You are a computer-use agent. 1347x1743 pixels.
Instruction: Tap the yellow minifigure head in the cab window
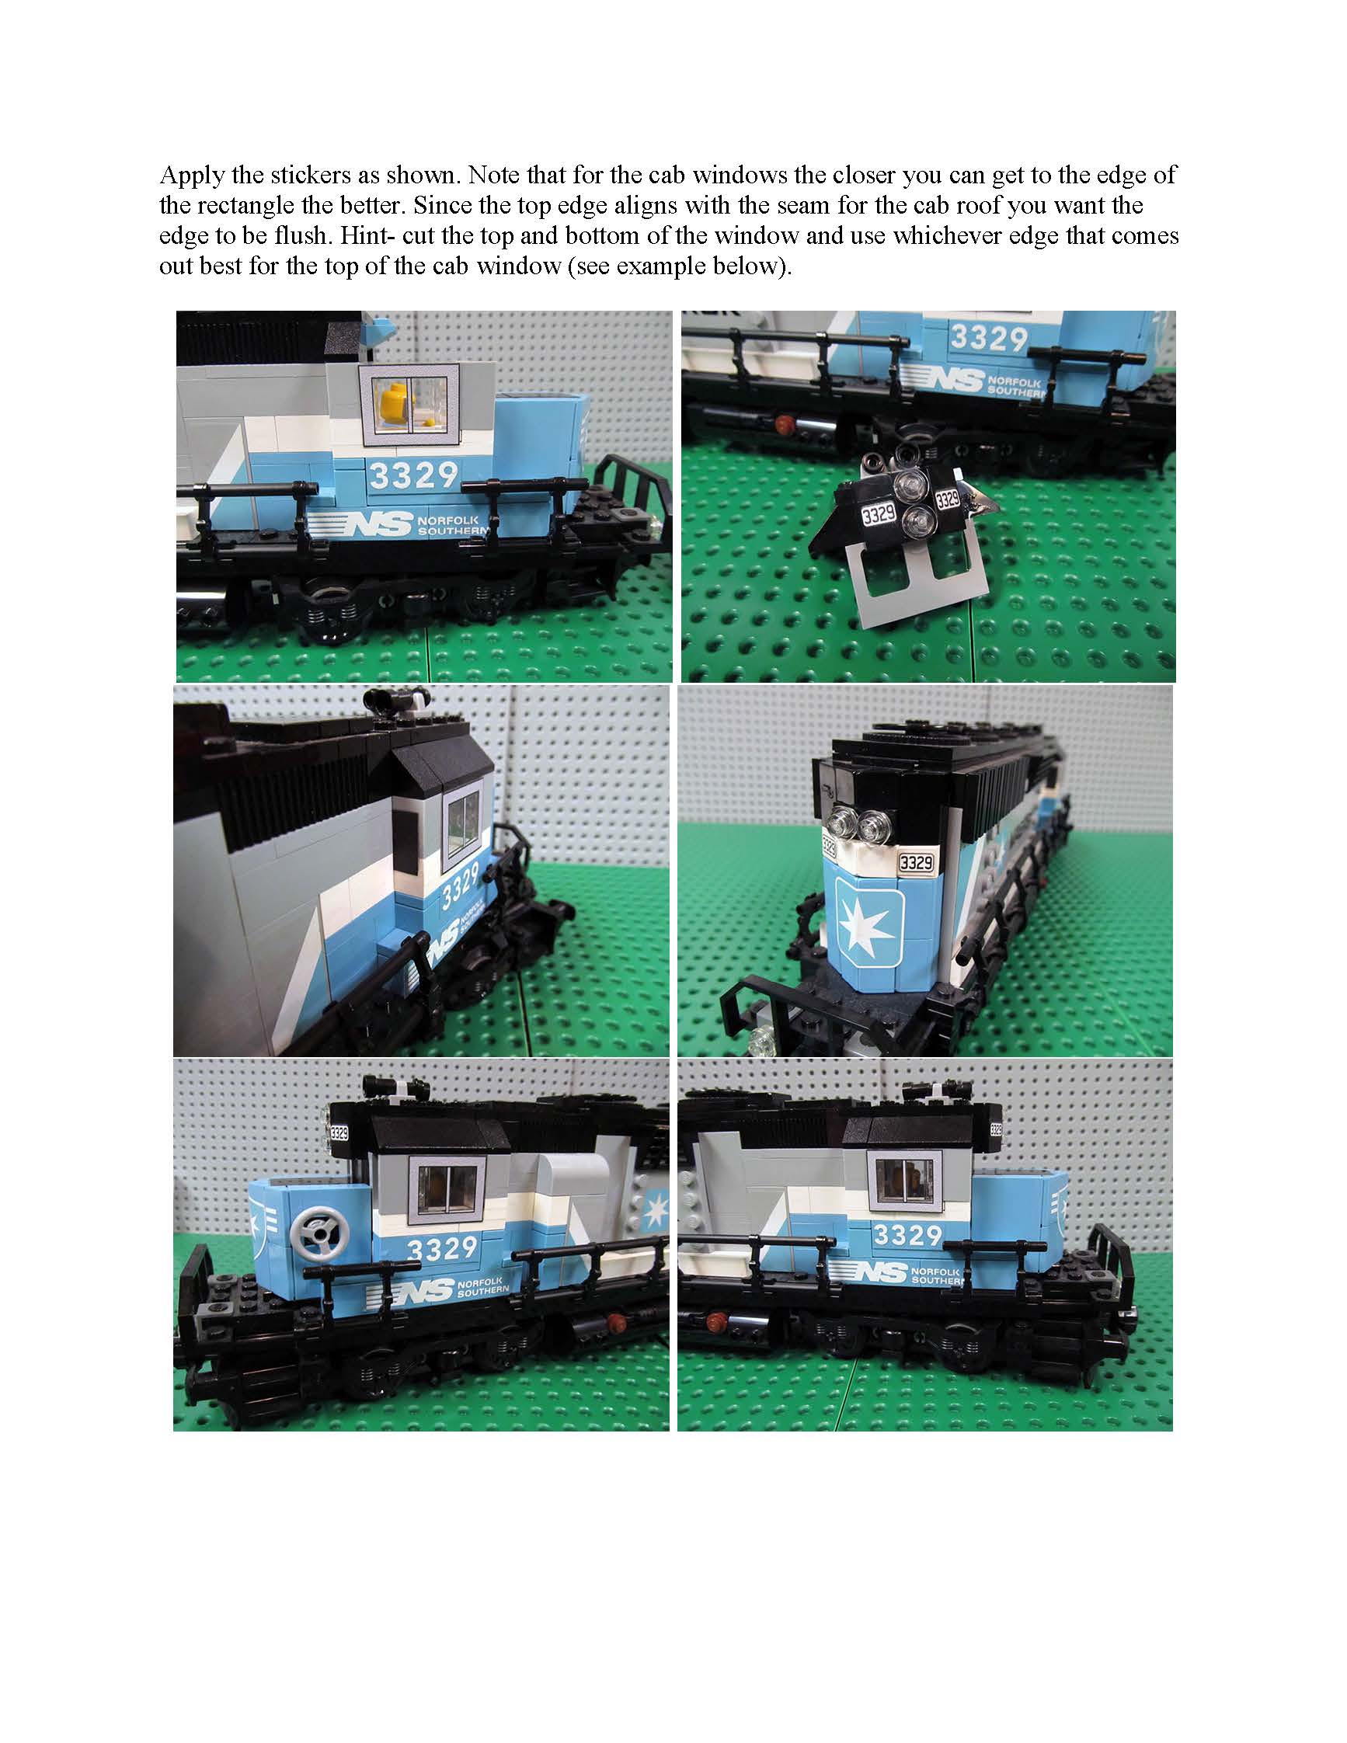(x=392, y=397)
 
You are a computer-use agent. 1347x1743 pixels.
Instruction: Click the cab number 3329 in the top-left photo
(x=414, y=475)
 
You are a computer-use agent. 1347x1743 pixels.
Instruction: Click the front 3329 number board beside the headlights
(x=915, y=862)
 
